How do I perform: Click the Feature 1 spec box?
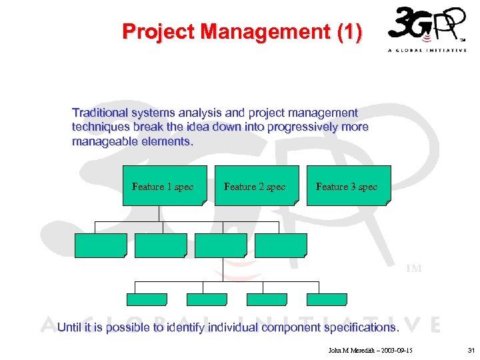163,186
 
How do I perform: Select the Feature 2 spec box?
255,186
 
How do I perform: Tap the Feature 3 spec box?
347,186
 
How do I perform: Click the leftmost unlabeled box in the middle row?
101,245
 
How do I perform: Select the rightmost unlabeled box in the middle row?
281,245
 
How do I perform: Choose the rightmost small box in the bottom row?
327,299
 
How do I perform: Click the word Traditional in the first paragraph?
102,113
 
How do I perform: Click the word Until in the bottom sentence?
70,327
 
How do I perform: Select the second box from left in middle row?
161,245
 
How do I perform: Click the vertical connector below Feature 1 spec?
159,213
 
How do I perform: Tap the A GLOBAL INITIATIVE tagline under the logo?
427,51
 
